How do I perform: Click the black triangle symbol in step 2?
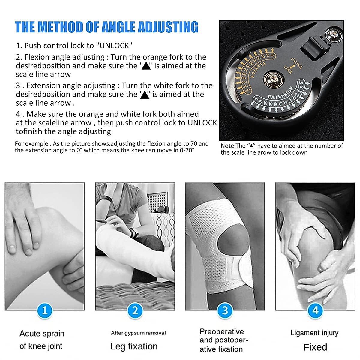(x=146, y=66)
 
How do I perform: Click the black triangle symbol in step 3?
(x=145, y=94)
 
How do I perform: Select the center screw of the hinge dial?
(x=273, y=79)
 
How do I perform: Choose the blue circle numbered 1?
(x=45, y=310)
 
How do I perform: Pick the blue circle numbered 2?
(x=135, y=310)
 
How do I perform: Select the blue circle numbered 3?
(x=225, y=310)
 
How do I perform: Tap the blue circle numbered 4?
(x=315, y=310)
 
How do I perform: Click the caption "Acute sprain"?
(x=42, y=334)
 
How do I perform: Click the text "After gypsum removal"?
(x=138, y=333)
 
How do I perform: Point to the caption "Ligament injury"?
(x=314, y=333)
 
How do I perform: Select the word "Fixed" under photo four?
(x=315, y=347)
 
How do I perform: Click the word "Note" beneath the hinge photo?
(x=227, y=146)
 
